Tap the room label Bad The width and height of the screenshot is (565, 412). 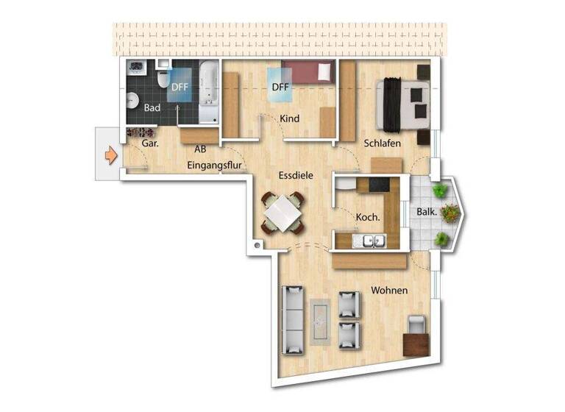pos(152,108)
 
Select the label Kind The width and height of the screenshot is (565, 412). pos(290,119)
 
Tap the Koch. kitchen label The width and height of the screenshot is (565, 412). pos(368,218)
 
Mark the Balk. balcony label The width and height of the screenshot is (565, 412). pos(427,212)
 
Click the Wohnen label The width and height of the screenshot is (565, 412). pos(389,291)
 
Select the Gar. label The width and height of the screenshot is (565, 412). pos(150,143)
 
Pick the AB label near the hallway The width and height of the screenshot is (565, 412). pos(200,149)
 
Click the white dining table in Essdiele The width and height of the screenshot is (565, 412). pos(281,214)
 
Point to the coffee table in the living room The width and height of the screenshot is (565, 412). pos(321,321)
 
